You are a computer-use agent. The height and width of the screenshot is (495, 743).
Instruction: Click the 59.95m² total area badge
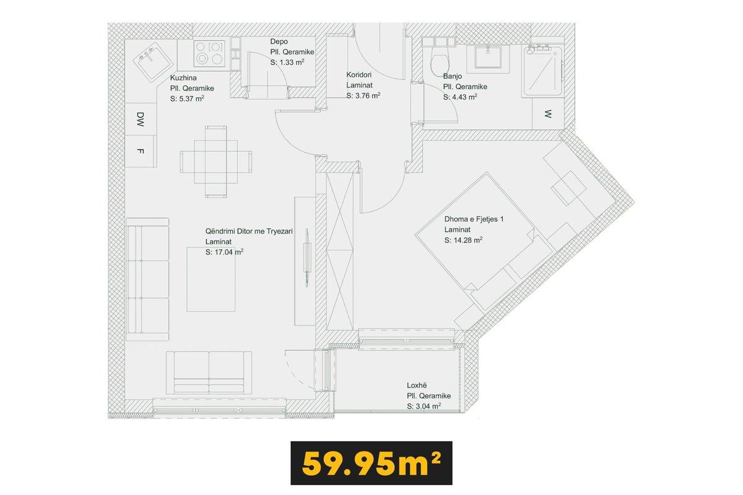(371, 463)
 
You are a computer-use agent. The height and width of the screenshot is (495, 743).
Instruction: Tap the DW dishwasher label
(141, 119)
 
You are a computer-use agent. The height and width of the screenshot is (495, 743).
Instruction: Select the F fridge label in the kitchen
(141, 151)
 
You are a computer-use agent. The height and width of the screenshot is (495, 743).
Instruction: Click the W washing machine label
(548, 114)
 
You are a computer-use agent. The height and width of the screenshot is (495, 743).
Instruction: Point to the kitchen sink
(152, 63)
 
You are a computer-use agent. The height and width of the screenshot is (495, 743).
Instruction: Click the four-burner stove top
(209, 54)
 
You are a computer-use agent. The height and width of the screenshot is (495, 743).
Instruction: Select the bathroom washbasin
(488, 59)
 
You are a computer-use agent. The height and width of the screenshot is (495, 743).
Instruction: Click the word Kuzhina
(183, 77)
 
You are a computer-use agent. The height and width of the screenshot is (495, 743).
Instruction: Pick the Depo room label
(279, 42)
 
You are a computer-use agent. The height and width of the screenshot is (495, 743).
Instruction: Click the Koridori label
(359, 75)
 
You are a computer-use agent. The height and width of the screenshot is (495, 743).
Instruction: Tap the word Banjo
(453, 76)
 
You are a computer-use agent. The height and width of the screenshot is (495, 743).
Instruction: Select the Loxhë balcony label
(417, 385)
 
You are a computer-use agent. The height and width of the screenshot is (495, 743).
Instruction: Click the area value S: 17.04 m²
(225, 252)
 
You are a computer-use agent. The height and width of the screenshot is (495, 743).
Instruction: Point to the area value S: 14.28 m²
(463, 240)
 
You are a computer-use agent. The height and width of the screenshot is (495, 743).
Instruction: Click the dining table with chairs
(216, 161)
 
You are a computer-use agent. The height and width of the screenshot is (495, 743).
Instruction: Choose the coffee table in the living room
(211, 280)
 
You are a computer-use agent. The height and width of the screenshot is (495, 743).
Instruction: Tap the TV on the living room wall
(308, 257)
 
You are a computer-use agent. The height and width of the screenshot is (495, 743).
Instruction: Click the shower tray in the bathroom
(542, 71)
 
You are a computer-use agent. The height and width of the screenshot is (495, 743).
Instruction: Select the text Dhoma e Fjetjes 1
(474, 219)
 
